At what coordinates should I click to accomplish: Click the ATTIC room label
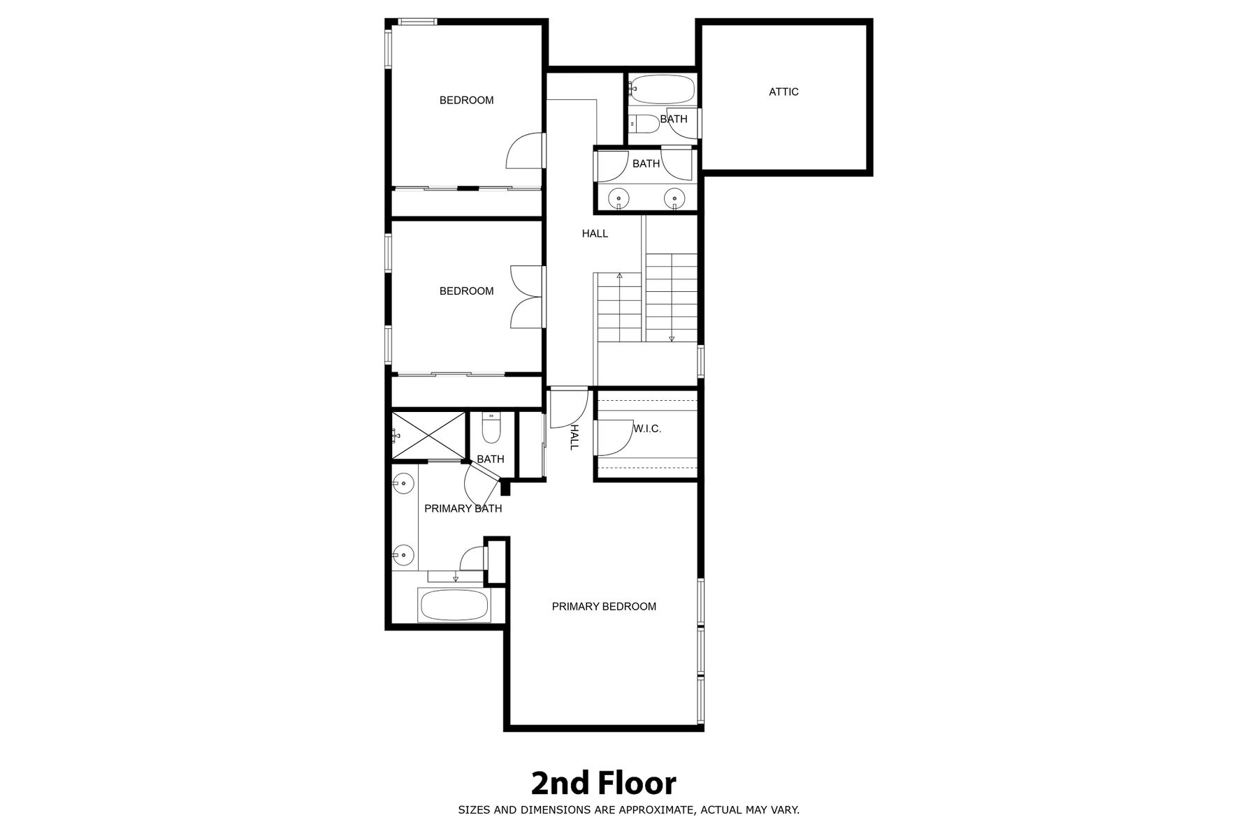tap(783, 91)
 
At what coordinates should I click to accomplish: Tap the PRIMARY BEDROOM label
tap(604, 606)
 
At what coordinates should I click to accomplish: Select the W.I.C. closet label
tap(647, 429)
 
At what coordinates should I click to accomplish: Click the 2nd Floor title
tap(604, 784)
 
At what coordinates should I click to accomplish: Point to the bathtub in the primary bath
tap(453, 605)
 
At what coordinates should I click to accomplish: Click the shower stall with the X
tap(428, 436)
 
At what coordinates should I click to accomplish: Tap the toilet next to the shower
tap(491, 428)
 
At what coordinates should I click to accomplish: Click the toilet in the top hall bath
tap(644, 124)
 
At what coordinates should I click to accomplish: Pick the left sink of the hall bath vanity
tap(619, 198)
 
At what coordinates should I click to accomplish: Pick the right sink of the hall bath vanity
tap(674, 198)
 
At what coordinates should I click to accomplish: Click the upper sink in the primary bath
tap(403, 483)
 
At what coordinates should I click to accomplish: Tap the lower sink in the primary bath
tap(403, 556)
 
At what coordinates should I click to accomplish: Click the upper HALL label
tap(595, 233)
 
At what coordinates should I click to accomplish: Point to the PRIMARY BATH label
tap(463, 508)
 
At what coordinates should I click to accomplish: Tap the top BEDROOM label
tap(466, 100)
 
